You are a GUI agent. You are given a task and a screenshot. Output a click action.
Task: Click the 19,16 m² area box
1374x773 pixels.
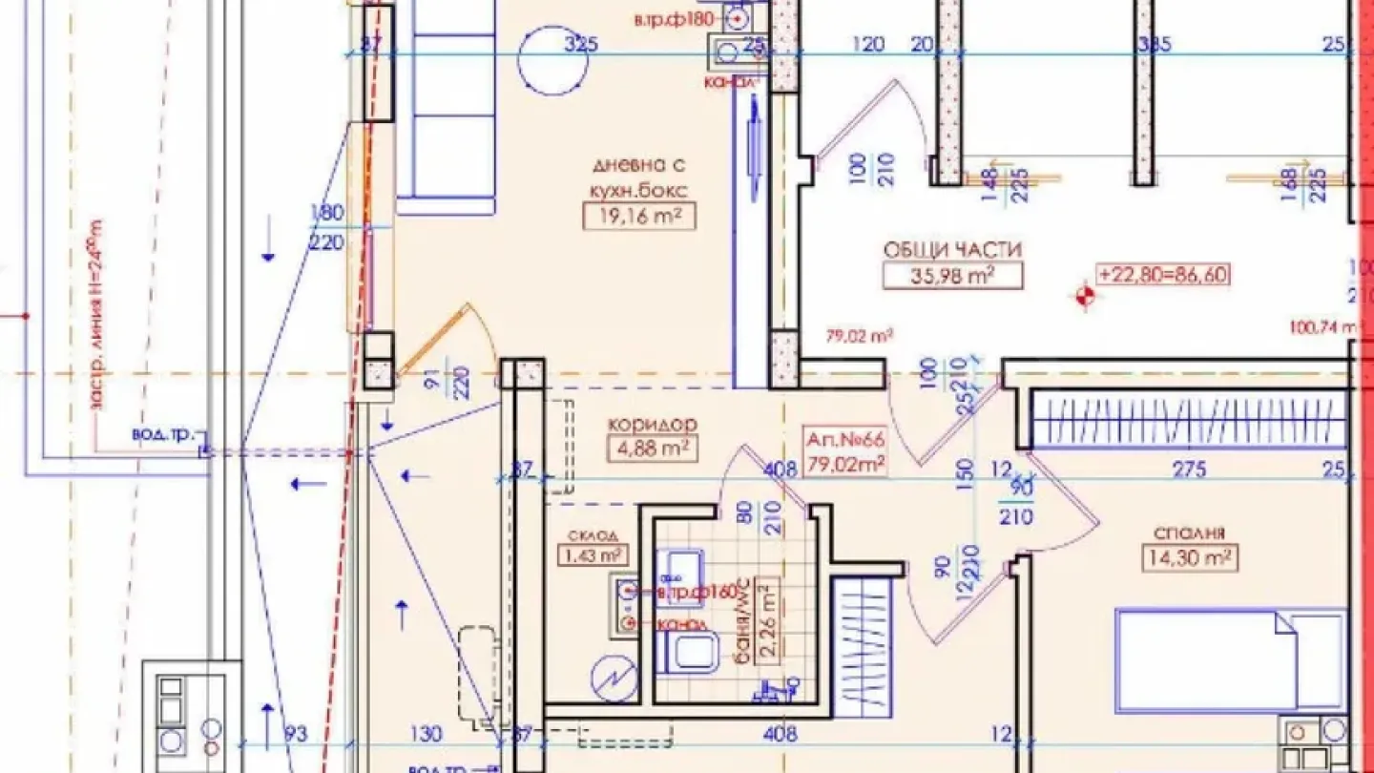point(638,216)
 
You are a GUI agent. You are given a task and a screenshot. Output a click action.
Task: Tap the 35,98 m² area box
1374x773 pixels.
point(952,275)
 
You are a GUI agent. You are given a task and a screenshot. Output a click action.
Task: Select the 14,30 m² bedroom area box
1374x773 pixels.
point(1188,556)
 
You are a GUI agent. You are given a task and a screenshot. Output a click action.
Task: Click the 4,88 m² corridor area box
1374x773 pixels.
point(652,448)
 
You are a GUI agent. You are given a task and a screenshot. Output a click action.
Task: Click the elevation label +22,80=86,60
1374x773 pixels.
point(1163,275)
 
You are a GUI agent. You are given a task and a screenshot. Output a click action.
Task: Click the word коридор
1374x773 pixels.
point(652,425)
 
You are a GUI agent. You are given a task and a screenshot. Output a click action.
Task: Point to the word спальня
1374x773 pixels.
point(1188,533)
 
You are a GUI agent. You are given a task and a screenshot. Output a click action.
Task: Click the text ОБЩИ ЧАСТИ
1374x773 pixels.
point(952,250)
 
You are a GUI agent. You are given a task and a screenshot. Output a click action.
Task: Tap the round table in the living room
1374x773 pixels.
point(552,60)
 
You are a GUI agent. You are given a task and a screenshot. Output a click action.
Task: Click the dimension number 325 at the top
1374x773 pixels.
point(581,44)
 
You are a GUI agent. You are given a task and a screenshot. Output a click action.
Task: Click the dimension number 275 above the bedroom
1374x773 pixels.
point(1189,469)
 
